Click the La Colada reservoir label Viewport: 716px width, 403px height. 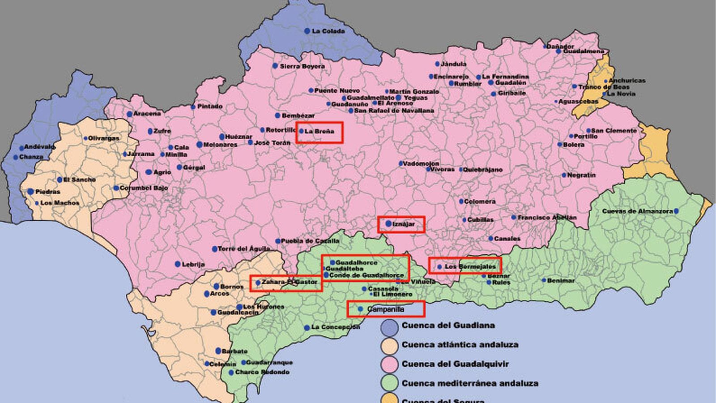tap(328, 31)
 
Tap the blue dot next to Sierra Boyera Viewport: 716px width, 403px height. tap(275, 66)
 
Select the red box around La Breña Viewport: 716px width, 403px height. tap(320, 133)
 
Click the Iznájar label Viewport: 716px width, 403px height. tap(404, 224)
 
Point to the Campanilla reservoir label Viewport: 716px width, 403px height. tap(385, 309)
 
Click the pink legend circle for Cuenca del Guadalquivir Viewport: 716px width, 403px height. tap(389, 364)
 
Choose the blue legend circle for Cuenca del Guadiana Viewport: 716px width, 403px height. tap(389, 327)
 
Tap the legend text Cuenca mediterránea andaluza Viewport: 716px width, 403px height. tap(470, 383)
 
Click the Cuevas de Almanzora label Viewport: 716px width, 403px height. tap(637, 211)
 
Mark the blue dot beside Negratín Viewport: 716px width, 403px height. tap(564, 175)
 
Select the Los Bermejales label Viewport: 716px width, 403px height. tap(470, 266)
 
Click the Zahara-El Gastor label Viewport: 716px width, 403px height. tap(290, 282)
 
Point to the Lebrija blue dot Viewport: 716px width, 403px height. tap(178, 264)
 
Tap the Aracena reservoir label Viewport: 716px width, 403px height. tap(147, 114)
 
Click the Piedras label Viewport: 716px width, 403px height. tap(47, 192)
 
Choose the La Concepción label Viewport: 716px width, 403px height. tap(335, 327)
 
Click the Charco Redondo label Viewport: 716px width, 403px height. tap(262, 372)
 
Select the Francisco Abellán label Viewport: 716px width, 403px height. tap(547, 218)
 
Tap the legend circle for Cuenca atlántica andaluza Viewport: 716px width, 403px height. tap(389, 346)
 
